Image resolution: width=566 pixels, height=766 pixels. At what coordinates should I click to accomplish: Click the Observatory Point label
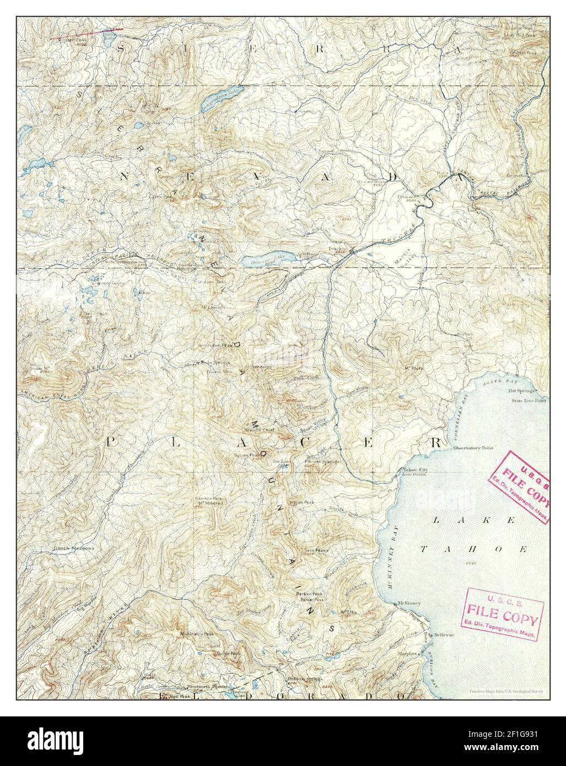(x=475, y=448)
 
